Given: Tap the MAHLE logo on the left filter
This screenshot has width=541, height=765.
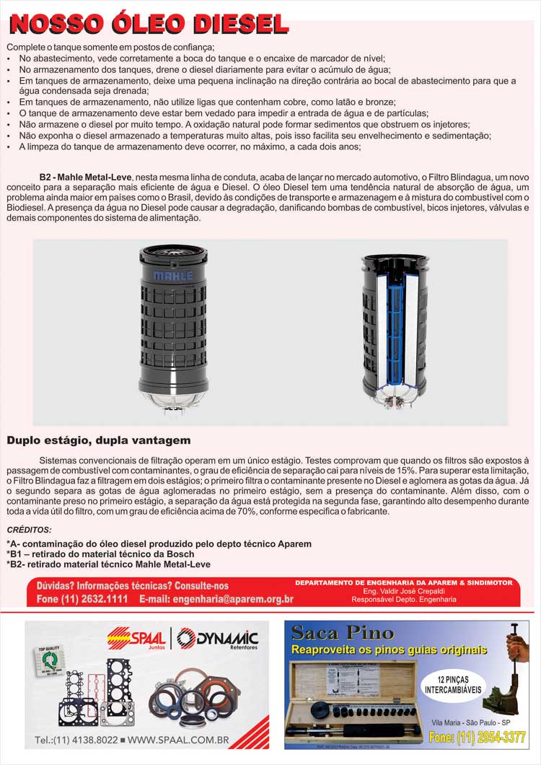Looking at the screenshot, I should (x=173, y=276).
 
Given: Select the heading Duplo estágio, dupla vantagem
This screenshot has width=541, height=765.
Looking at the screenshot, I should (x=99, y=440).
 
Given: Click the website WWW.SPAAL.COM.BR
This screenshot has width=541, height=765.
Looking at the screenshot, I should (x=178, y=740).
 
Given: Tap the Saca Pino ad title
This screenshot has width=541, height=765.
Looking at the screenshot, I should (x=343, y=634).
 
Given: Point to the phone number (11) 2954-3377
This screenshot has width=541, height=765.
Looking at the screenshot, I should (x=477, y=738).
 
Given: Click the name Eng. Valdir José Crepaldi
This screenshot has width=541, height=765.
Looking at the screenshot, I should (x=404, y=590).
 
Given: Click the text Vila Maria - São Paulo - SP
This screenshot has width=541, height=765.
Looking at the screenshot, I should (x=471, y=722).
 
